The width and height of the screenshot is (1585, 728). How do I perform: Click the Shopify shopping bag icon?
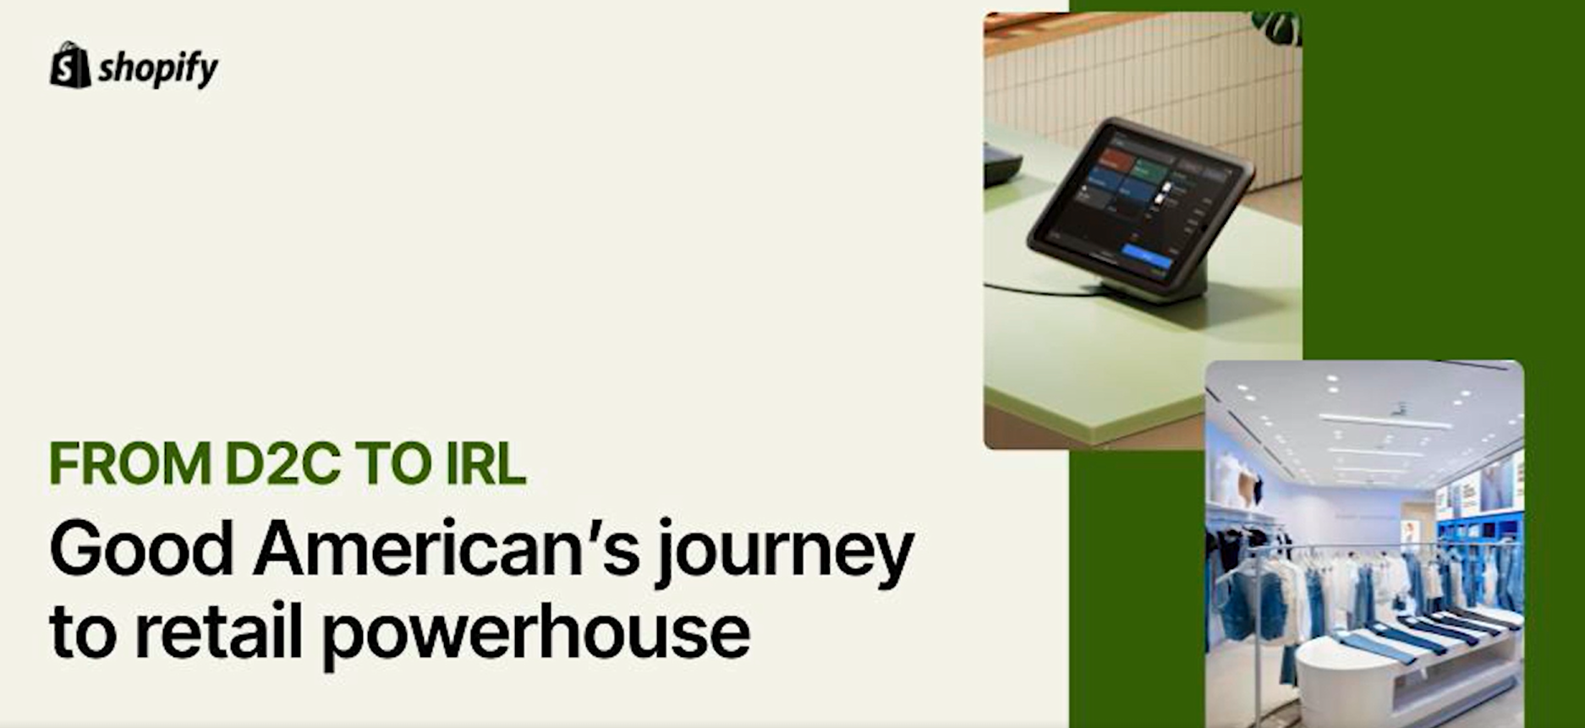click(70, 64)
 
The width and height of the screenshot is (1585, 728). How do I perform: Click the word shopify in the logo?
click(158, 69)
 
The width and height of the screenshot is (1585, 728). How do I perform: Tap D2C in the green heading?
click(282, 463)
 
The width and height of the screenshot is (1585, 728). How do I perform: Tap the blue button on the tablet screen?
click(1147, 256)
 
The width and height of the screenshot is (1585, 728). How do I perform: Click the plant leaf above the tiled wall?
click(1278, 27)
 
